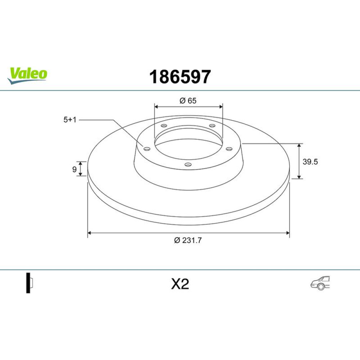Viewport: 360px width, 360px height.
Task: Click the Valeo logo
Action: (x=27, y=76)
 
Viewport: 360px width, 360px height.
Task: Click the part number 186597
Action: (x=180, y=77)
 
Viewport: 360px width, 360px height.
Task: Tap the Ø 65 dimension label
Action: (x=188, y=101)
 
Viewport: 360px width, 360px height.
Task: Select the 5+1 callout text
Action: (x=70, y=120)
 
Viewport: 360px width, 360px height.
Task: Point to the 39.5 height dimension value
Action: (x=310, y=162)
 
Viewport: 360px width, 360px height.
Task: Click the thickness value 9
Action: (x=75, y=170)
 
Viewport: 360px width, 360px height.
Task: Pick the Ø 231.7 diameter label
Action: (x=188, y=240)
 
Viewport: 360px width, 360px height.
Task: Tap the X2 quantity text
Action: (x=180, y=284)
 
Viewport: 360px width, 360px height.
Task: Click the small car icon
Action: (x=320, y=283)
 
